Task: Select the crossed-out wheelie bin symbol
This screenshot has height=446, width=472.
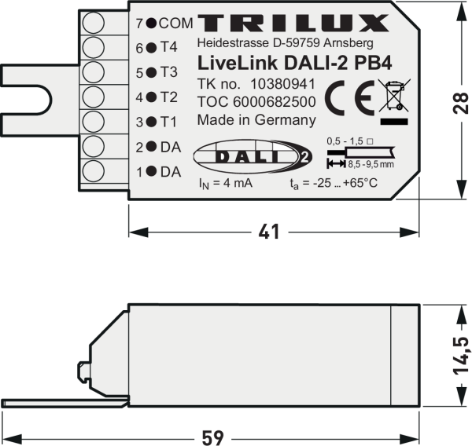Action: click(x=394, y=97)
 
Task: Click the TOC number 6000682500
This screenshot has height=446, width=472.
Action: click(x=256, y=102)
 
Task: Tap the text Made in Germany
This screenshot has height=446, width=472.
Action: click(x=256, y=120)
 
